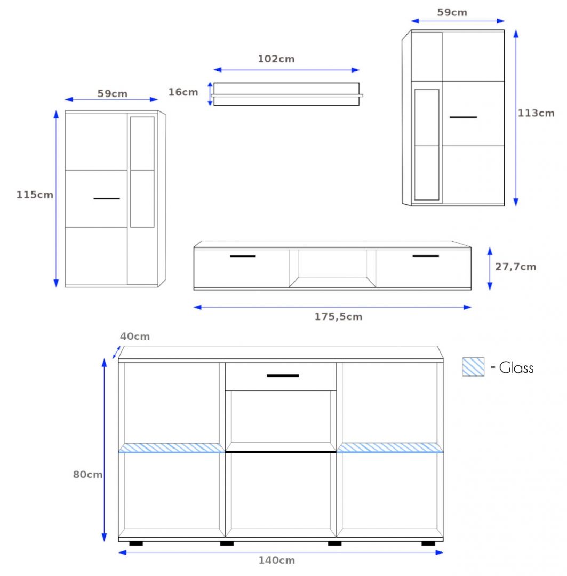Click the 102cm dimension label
pyautogui.click(x=276, y=59)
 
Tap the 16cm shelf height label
pyautogui.click(x=183, y=92)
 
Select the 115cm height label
pyautogui.click(x=35, y=195)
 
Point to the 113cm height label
pyautogui.click(x=536, y=113)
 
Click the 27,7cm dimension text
pyautogui.click(x=516, y=267)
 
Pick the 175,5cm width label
pyautogui.click(x=338, y=317)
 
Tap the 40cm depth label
pyautogui.click(x=135, y=337)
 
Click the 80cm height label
pyautogui.click(x=87, y=475)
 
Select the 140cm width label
pyautogui.click(x=277, y=561)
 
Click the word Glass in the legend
pyautogui.click(x=516, y=367)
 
